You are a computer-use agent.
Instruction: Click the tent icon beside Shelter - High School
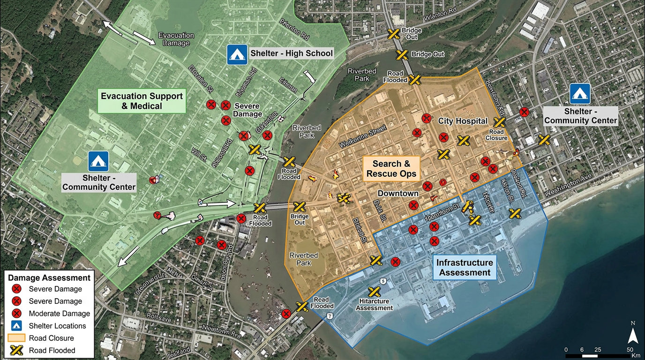237,54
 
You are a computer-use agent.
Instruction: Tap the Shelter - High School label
291,53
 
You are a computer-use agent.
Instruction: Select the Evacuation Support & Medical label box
142,101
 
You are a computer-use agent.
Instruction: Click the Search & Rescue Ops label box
391,169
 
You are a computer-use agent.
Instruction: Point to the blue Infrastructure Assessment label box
465,268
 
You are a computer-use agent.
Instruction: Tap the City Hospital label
463,121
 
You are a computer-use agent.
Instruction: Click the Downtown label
398,194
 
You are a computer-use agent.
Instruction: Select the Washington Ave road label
569,186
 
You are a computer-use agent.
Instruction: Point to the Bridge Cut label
427,54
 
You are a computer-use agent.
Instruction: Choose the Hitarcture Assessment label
374,304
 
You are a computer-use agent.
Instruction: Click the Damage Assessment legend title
49,278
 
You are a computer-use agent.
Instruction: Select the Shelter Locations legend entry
57,326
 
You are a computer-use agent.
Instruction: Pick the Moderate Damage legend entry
59,314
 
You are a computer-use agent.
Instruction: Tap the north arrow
632,335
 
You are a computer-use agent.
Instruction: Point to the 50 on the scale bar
630,350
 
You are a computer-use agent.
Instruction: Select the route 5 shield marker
383,281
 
